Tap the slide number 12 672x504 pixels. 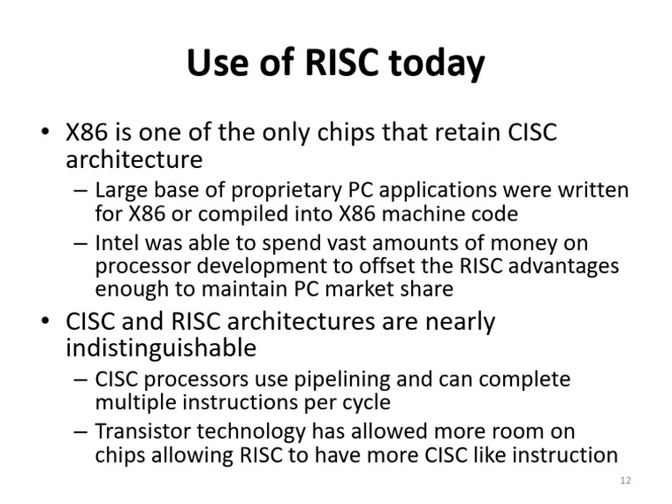625,480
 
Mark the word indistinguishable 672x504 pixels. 161,348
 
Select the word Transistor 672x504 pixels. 142,431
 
